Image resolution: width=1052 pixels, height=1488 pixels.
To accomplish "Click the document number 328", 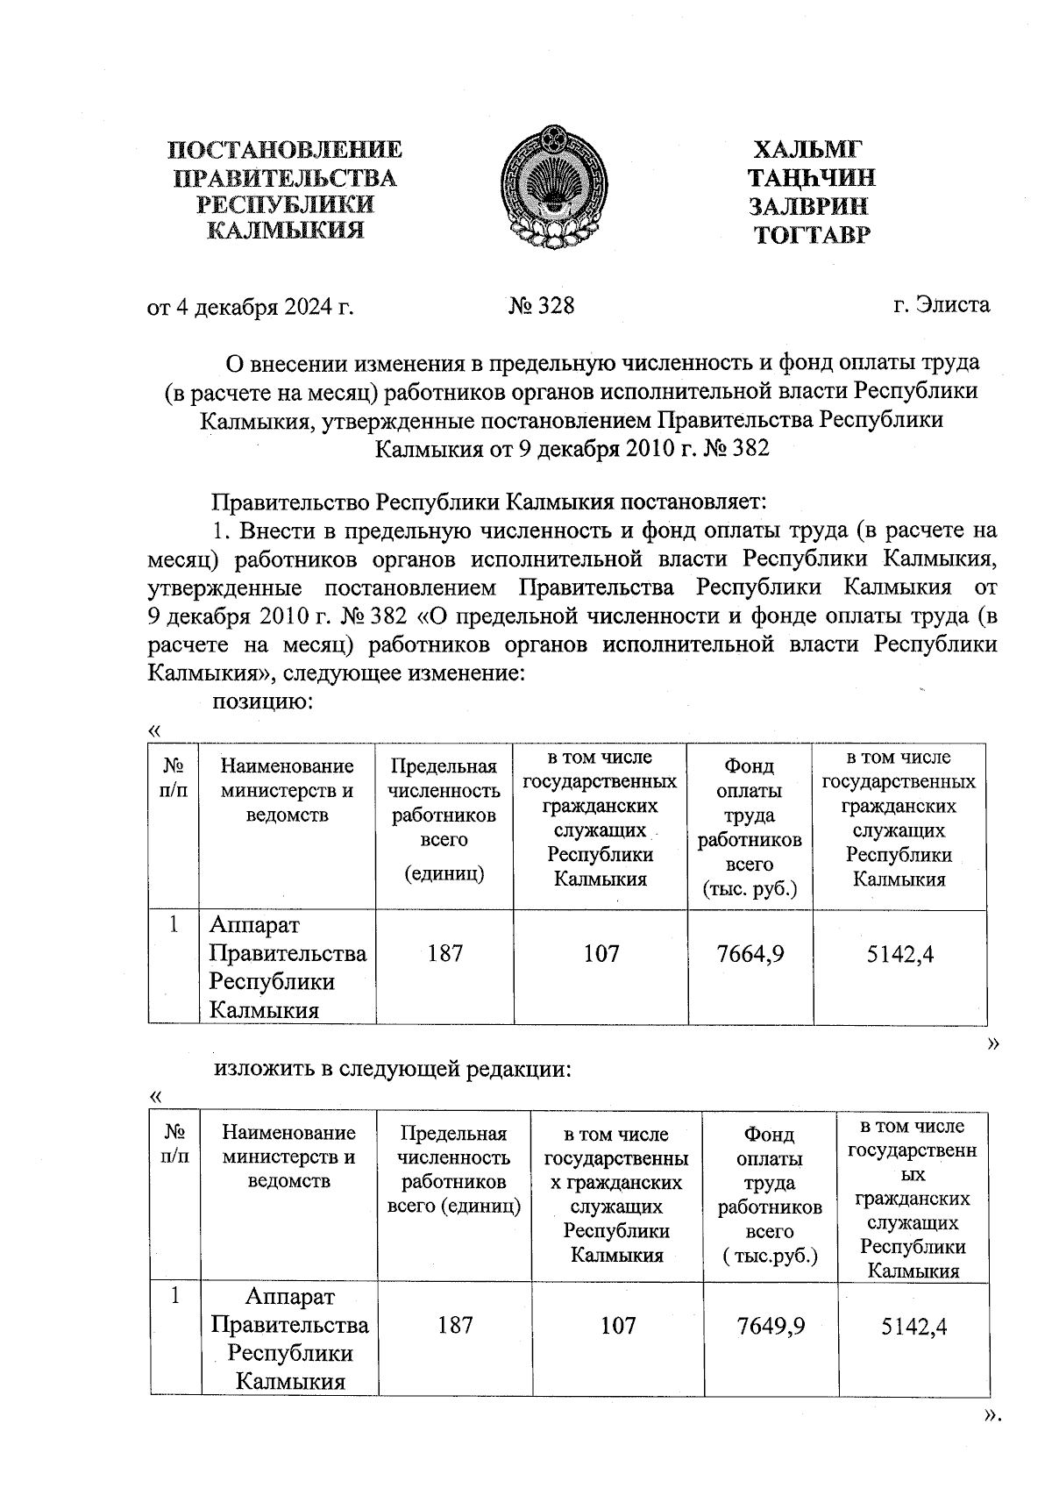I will (x=542, y=305).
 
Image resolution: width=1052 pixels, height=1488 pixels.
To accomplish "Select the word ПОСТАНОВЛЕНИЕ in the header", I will (x=285, y=150).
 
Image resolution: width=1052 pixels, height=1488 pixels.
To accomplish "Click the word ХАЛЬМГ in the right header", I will (x=809, y=150).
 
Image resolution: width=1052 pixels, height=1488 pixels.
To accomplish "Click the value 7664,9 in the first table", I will (x=750, y=953).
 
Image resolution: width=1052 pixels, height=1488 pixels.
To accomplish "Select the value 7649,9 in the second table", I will (x=771, y=1325).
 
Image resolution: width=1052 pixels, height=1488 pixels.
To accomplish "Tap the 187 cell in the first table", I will (x=445, y=953).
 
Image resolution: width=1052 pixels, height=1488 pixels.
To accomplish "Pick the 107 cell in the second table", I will (x=618, y=1325).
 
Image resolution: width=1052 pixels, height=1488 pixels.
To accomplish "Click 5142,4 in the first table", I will (x=899, y=953).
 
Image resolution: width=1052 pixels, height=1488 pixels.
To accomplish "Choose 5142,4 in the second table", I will (x=913, y=1325).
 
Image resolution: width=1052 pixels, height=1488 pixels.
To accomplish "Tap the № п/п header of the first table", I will (x=174, y=777).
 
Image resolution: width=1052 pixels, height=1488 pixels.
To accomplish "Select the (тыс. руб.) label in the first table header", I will (x=750, y=889).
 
